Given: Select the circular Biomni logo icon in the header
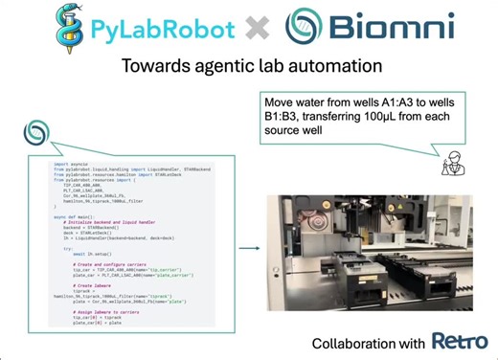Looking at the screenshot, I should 302,28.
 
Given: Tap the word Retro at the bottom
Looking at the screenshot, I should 453,341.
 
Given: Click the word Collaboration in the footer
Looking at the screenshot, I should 348,343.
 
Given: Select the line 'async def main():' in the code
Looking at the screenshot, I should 73,215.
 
